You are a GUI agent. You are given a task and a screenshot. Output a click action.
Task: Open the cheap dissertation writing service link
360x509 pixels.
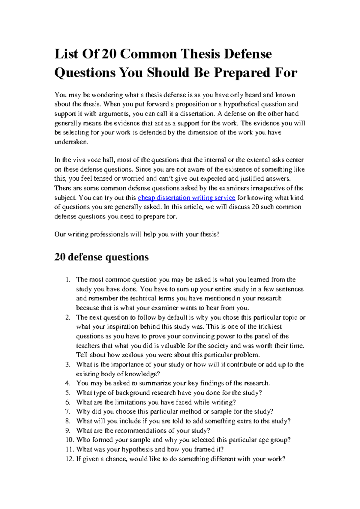[186, 198]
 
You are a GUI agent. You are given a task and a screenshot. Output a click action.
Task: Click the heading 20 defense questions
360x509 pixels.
[101, 257]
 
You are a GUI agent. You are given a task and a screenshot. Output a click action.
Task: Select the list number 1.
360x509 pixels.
[68, 280]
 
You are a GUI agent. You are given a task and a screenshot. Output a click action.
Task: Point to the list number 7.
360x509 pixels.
[68, 411]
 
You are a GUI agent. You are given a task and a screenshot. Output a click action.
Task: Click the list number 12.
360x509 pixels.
[69, 459]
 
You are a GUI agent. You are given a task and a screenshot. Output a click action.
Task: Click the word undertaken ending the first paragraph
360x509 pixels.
[71, 142]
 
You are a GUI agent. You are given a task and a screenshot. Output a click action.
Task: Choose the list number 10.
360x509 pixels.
[69, 440]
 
